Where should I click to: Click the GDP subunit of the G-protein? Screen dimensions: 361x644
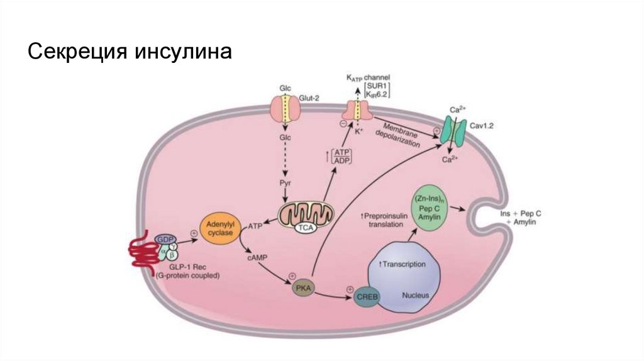point(165,240)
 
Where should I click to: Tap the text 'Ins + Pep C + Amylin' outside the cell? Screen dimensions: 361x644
point(520,218)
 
